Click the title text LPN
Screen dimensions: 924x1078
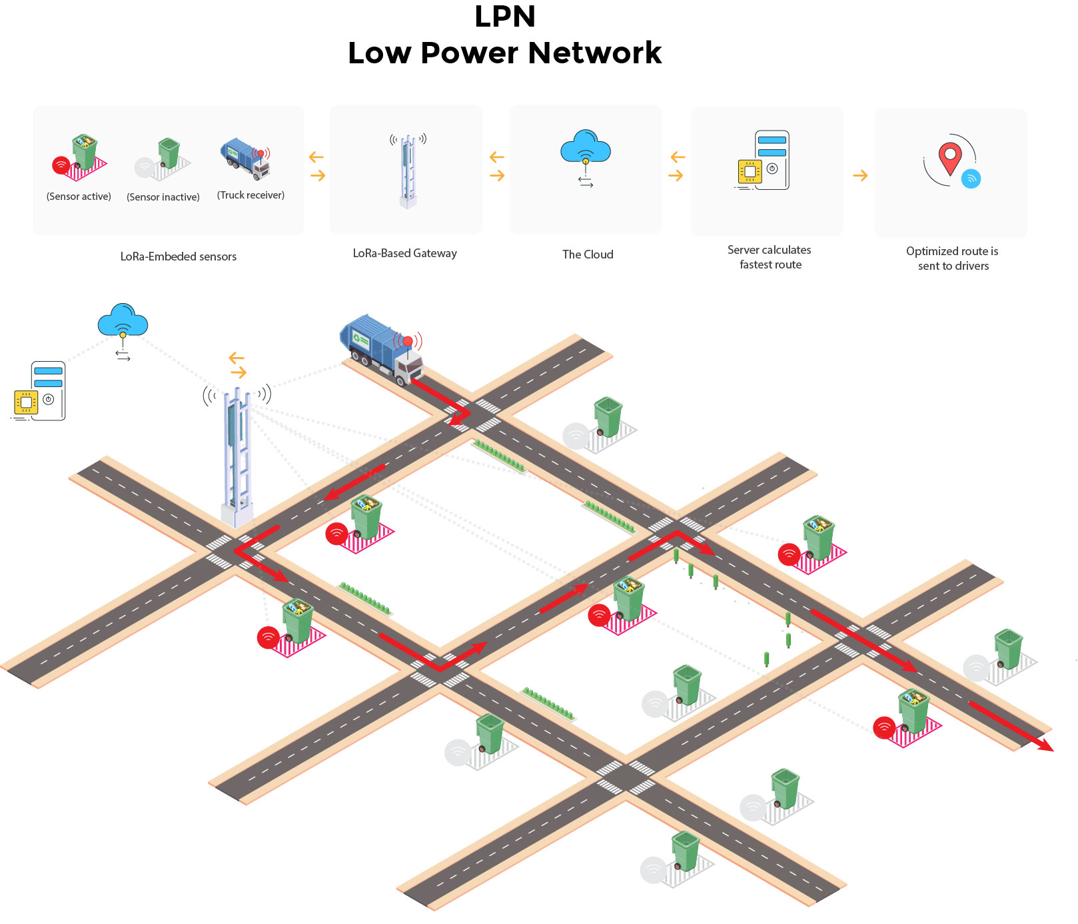pos(504,17)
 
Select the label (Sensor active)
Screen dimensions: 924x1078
pos(79,197)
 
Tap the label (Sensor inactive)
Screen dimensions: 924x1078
pos(163,197)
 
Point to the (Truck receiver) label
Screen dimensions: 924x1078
pos(251,195)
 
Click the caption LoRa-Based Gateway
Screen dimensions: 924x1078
pos(404,253)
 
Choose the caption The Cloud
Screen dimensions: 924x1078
pos(588,254)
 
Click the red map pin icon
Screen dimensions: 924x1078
pos(949,157)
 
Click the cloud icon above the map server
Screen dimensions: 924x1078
pos(123,321)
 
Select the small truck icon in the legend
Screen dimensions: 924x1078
pos(245,159)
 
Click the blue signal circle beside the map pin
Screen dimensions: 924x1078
pos(971,179)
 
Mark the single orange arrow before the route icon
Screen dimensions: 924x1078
pos(860,176)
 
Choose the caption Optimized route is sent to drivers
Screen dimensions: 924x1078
pos(953,258)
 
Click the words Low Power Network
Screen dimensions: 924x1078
pos(504,53)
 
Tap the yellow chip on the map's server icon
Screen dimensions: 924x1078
pos(26,402)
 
